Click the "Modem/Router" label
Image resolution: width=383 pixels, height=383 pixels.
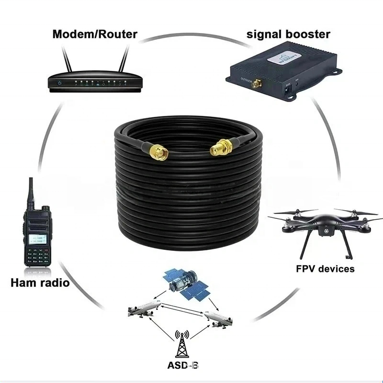tap(95, 34)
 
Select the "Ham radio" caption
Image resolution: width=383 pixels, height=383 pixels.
tap(40, 282)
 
